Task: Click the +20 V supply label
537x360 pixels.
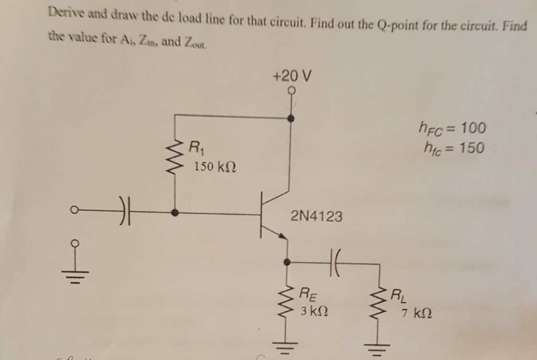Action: [292, 76]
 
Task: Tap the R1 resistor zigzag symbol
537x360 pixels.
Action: [175, 155]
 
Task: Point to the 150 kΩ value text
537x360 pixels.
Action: [215, 167]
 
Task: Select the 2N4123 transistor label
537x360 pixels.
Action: [316, 216]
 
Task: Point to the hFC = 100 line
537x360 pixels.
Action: [452, 127]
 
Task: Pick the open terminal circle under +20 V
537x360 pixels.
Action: [292, 91]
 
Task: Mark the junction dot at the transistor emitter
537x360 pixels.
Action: [287, 261]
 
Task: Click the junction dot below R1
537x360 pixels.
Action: [175, 213]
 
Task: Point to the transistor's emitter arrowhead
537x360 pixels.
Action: [284, 237]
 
